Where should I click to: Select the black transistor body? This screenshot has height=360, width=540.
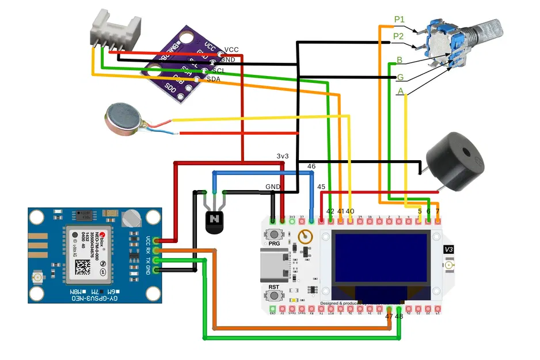point(215,221)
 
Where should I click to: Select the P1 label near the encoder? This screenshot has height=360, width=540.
point(400,20)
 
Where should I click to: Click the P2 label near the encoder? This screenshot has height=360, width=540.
point(398,36)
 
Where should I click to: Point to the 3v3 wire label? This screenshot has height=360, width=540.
point(283,156)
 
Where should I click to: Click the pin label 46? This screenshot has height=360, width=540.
point(311,166)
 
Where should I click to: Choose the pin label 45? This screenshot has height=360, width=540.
point(321,187)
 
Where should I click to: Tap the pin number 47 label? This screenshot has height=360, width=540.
point(389,316)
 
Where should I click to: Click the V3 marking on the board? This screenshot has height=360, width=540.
point(449,249)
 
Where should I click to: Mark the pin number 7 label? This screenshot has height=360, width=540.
point(438,211)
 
